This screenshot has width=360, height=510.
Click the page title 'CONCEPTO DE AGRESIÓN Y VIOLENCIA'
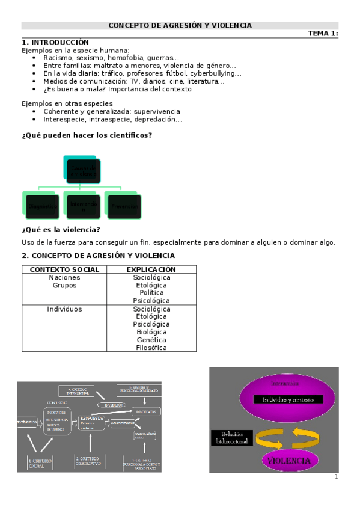tap(180, 25)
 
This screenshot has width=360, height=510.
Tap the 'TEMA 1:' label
tap(323, 34)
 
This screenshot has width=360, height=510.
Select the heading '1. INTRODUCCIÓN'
tap(55, 42)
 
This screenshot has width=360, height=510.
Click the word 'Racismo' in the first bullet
tap(58, 58)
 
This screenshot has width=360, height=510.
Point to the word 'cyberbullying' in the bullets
tap(214, 73)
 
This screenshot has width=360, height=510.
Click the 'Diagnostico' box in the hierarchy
tap(42, 206)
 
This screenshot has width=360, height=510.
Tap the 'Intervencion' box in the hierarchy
tap(82, 206)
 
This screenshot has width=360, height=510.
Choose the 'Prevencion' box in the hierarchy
tap(124, 206)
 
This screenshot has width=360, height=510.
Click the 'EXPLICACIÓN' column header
tap(151, 269)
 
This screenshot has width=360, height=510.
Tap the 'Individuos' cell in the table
tap(64, 309)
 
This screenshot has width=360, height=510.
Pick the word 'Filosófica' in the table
tap(151, 348)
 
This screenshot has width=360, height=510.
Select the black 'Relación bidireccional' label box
tap(232, 438)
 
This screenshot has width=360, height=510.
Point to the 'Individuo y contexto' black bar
tap(288, 399)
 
